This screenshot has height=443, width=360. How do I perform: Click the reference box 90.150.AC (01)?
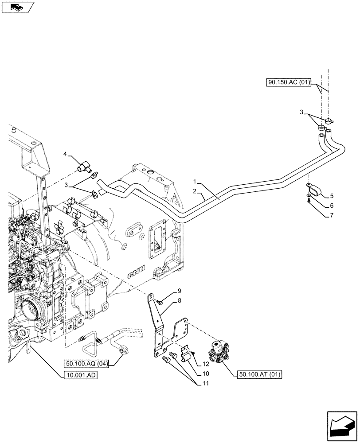click(290, 82)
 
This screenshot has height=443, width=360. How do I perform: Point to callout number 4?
click(65, 155)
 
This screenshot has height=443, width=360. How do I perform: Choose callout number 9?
click(180, 291)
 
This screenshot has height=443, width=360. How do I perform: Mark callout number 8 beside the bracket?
click(180, 301)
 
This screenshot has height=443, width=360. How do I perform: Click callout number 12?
click(206, 364)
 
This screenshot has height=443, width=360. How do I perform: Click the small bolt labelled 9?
click(160, 302)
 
